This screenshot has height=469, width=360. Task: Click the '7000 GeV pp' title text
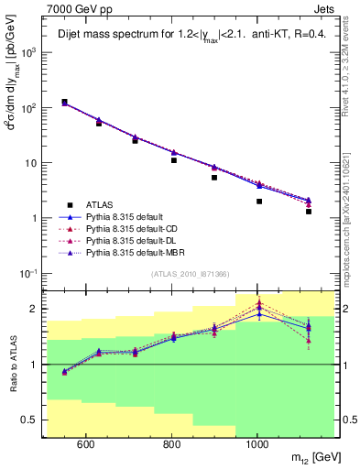click(73, 7)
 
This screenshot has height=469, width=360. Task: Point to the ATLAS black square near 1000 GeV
click(259, 201)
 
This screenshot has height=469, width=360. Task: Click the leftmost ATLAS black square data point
click(64, 103)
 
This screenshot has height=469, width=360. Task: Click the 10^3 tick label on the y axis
click(29, 52)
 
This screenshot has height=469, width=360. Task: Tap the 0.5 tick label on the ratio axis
click(30, 420)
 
